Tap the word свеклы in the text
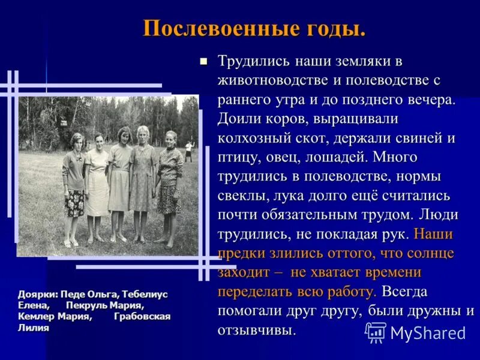(241, 196)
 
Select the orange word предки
(240, 253)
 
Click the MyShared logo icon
(376, 332)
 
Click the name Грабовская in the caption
(142, 316)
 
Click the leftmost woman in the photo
(74, 186)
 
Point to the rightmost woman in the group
(170, 186)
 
